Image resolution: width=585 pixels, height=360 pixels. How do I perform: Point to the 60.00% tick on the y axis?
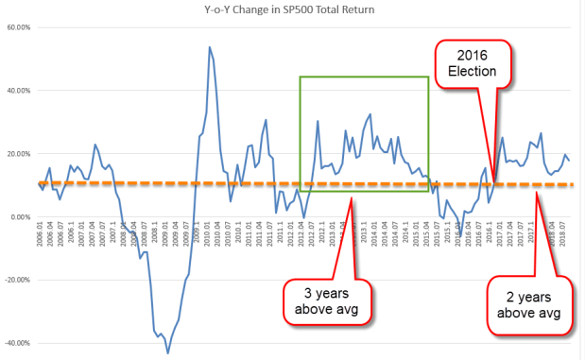coord(17,27)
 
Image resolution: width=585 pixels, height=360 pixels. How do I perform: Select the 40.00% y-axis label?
coord(17,91)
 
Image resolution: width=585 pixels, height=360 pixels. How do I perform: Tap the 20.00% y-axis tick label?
coord(17,154)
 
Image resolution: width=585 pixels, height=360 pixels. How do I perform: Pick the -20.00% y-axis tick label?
coord(16,281)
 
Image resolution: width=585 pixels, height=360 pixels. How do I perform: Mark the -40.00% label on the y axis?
coord(16,343)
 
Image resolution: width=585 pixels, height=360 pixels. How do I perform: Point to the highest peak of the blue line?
coord(209,46)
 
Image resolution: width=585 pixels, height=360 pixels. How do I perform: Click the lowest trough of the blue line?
coord(167,352)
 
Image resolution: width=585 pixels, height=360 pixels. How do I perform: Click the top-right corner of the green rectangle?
coord(429,77)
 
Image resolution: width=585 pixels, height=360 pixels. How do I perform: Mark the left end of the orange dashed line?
coord(38,183)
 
